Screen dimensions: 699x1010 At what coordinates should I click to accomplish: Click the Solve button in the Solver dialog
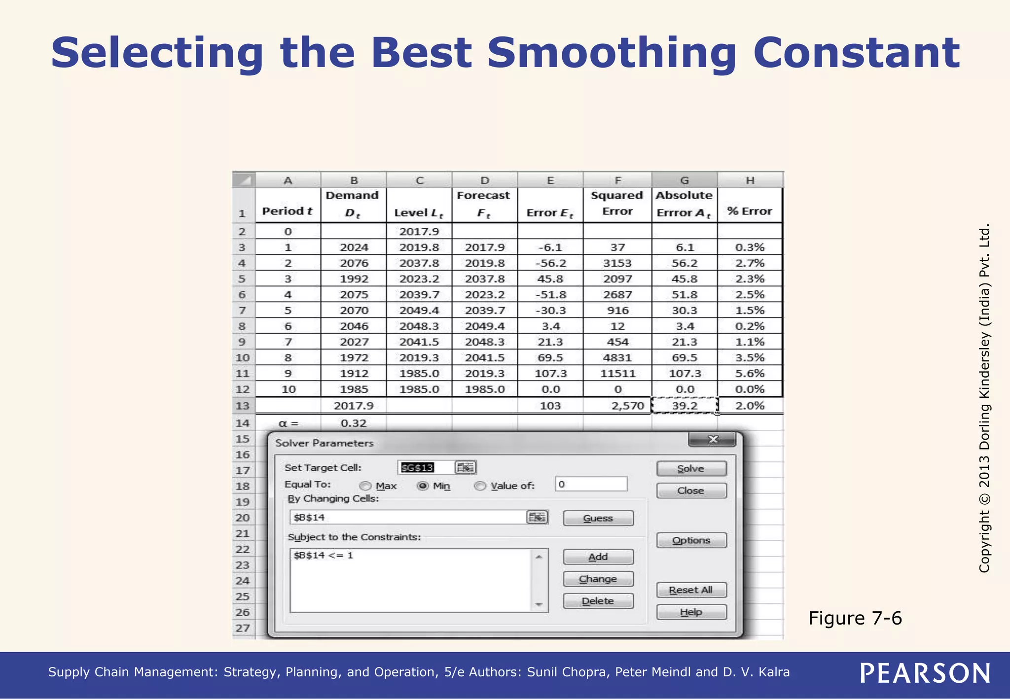click(x=691, y=468)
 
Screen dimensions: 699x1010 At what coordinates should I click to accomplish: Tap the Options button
click(x=691, y=540)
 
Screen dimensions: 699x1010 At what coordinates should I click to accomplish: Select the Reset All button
click(x=691, y=590)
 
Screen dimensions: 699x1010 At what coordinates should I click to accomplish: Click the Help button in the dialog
click(x=691, y=612)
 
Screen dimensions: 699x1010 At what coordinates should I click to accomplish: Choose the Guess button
click(x=598, y=518)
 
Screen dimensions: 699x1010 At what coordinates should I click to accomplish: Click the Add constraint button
click(x=598, y=557)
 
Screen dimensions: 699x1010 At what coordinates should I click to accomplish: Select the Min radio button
click(x=423, y=486)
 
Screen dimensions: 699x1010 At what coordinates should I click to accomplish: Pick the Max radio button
click(x=365, y=486)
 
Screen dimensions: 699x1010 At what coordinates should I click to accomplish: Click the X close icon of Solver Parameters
click(x=713, y=439)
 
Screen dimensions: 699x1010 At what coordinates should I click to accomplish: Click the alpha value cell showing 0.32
click(x=354, y=423)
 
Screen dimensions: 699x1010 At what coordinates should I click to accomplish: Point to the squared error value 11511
click(x=617, y=374)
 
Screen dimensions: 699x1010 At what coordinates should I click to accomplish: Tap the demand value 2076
click(x=354, y=263)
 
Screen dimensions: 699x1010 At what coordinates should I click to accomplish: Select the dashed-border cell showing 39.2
click(x=685, y=406)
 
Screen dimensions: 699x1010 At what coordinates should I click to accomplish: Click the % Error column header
click(x=750, y=211)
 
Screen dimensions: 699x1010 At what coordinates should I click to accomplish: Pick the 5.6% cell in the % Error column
click(x=750, y=374)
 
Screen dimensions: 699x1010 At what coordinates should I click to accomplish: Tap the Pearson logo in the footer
click(x=925, y=673)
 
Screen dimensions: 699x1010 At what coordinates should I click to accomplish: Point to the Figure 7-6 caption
click(x=855, y=618)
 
